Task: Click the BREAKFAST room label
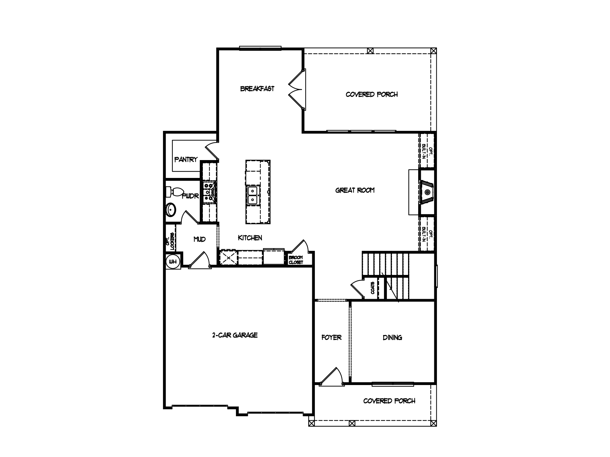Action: click(257, 89)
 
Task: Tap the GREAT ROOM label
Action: click(355, 190)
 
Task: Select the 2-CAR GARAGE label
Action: click(235, 335)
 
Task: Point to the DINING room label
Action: click(392, 337)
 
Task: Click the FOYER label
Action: click(331, 337)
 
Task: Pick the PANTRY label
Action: click(186, 160)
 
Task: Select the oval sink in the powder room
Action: click(171, 209)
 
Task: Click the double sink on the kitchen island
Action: click(252, 195)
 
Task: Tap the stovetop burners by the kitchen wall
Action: click(208, 192)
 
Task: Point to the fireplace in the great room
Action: click(427, 192)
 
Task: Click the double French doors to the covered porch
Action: click(296, 89)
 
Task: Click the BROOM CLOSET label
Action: click(296, 260)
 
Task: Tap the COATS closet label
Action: click(372, 288)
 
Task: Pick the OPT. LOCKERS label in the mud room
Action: click(170, 241)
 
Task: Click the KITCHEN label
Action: click(250, 238)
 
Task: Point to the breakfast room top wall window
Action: click(260, 48)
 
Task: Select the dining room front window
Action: click(393, 384)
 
